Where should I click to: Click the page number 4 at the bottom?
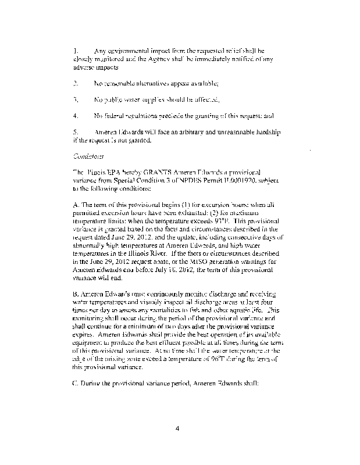[x=179, y=430]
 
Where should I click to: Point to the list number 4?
[x=76, y=116]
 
